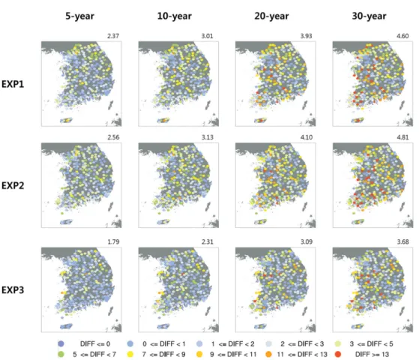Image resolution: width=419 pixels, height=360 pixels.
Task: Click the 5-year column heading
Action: click(79, 16)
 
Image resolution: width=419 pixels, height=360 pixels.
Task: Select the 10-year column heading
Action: click(174, 16)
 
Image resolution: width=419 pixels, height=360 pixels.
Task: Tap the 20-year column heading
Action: click(271, 16)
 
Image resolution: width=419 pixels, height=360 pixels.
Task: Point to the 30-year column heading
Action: click(369, 16)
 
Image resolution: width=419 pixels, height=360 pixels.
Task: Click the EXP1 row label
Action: click(13, 84)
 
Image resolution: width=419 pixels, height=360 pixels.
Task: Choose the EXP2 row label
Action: click(13, 185)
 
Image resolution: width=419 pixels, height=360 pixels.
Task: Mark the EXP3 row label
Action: click(13, 290)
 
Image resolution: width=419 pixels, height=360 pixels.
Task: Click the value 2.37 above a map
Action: click(113, 36)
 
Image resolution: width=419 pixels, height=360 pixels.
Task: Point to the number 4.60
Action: click(403, 36)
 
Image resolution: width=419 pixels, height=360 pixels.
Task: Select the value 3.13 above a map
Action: click(208, 137)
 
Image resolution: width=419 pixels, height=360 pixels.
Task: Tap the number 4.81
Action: click(403, 137)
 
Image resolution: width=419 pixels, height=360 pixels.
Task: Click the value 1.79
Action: click(113, 241)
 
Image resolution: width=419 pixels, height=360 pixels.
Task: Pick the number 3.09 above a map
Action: click(307, 241)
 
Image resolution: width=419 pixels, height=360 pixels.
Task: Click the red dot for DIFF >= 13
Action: click(338, 355)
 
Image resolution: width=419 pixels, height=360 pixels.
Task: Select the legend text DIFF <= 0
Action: click(95, 343)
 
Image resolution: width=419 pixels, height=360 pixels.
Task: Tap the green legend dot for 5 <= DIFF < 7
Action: click(61, 355)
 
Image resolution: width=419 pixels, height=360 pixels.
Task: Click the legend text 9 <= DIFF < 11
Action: click(233, 355)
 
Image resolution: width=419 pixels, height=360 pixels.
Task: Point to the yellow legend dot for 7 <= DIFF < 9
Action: click(130, 355)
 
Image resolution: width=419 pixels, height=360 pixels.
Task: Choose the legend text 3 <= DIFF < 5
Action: click(372, 343)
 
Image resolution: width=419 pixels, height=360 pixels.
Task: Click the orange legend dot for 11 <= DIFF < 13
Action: click(268, 355)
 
